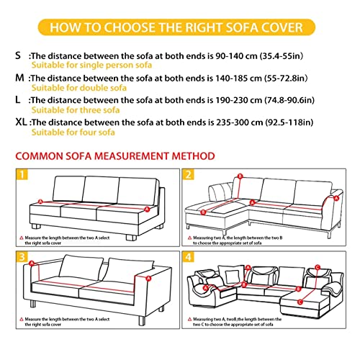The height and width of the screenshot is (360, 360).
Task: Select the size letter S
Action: coord(17,54)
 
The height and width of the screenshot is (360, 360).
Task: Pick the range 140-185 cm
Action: coord(231,76)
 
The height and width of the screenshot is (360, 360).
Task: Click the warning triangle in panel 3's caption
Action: coord(20,318)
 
